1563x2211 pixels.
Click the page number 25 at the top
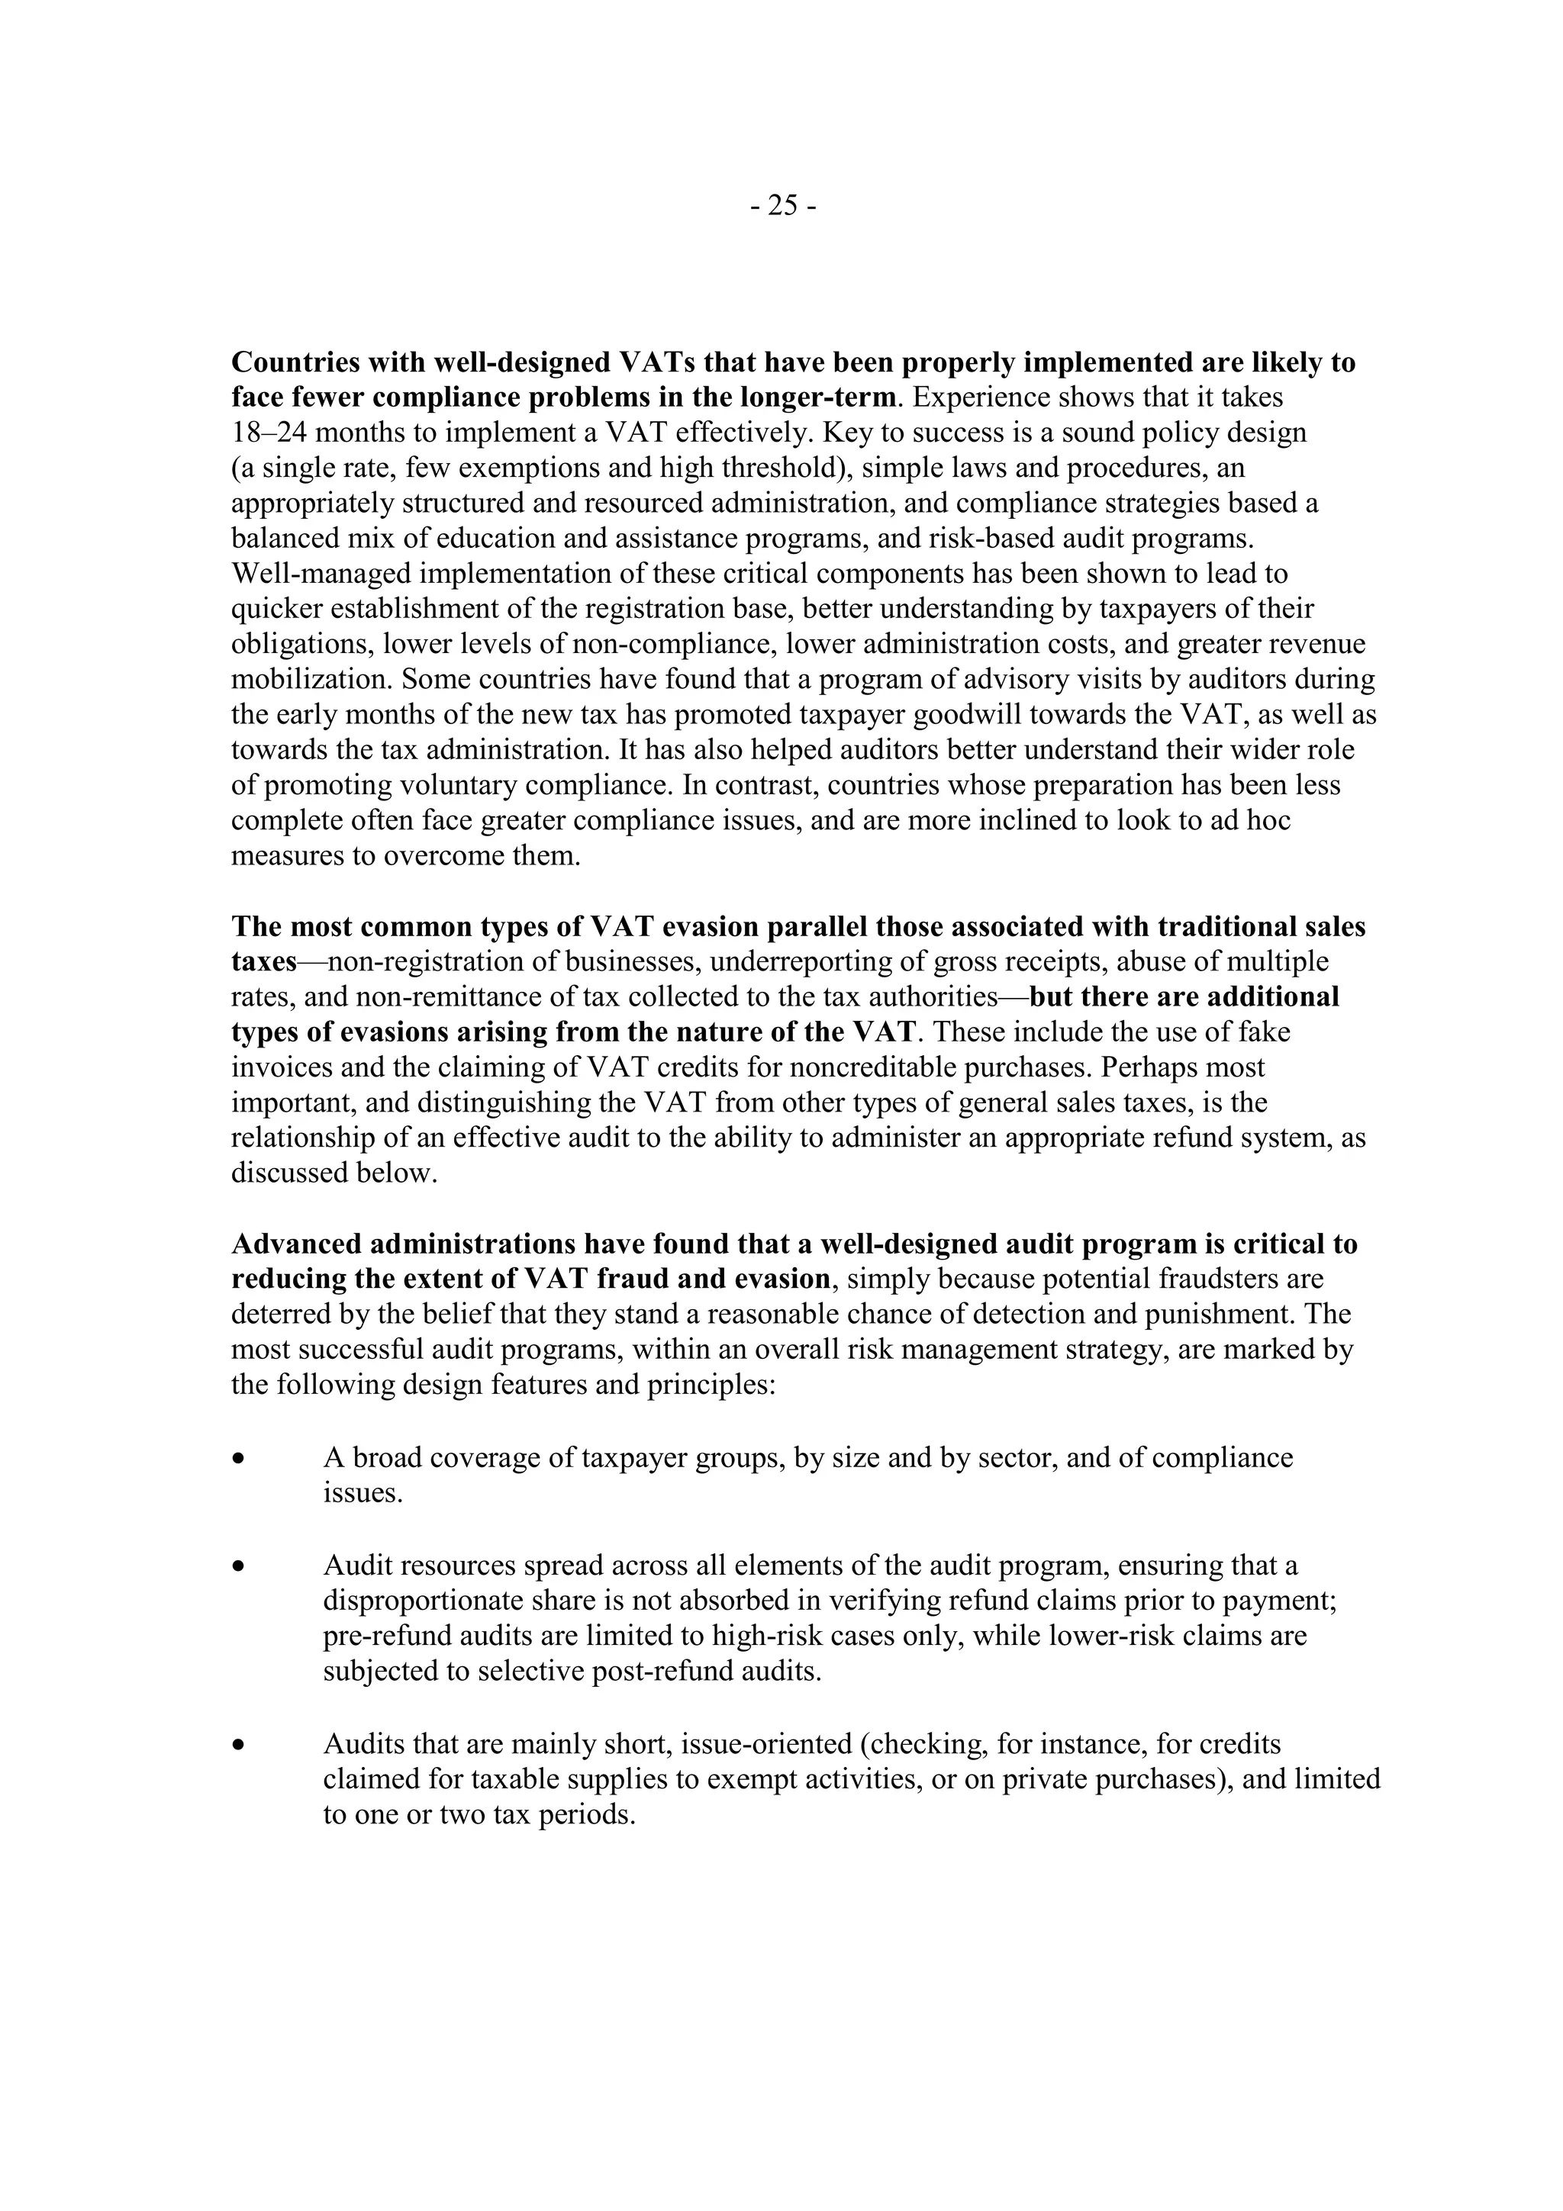coord(783,205)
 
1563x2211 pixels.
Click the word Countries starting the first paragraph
coord(295,363)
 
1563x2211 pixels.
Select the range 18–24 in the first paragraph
coord(266,433)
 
